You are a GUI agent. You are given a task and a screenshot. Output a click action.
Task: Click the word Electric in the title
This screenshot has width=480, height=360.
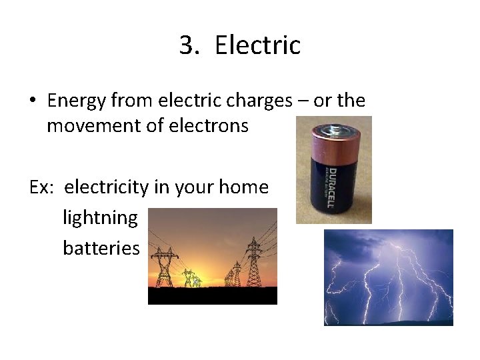click(x=258, y=45)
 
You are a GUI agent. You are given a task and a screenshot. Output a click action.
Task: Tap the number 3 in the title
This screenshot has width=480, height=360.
click(x=187, y=45)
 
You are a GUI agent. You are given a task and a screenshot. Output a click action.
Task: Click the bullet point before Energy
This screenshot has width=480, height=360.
click(x=32, y=101)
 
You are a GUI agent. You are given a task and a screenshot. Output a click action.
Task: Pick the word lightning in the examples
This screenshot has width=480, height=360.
click(x=100, y=217)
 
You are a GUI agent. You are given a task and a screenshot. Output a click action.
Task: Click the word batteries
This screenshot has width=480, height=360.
click(x=101, y=248)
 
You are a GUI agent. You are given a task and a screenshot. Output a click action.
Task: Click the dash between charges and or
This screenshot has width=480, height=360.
click(x=303, y=101)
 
